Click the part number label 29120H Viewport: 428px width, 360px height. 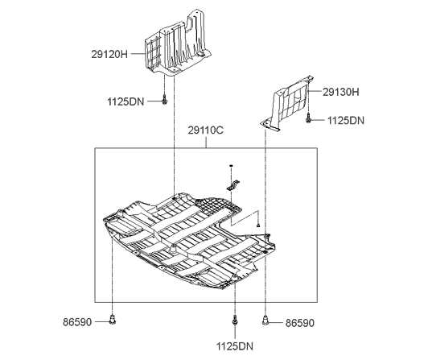point(109,55)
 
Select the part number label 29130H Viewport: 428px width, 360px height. point(341,92)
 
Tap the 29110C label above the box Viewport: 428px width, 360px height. point(205,130)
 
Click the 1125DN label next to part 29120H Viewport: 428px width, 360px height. point(126,102)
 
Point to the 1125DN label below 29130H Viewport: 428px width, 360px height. point(346,121)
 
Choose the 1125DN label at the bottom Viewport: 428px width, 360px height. point(235,346)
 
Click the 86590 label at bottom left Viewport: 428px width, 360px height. point(77,322)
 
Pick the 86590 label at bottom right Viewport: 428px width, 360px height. point(300,323)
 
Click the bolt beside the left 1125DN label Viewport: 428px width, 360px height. point(164,100)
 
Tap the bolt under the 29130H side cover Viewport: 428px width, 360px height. point(308,118)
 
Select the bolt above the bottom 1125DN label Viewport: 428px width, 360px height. point(234,321)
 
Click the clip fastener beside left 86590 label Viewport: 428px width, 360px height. point(112,319)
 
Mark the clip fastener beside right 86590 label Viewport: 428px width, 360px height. point(265,321)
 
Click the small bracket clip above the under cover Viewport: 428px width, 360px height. point(233,185)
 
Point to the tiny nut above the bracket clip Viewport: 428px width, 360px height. point(231,166)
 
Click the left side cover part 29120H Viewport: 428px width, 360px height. point(178,43)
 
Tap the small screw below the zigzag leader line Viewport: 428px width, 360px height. point(258,226)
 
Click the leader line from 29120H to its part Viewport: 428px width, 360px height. point(138,54)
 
